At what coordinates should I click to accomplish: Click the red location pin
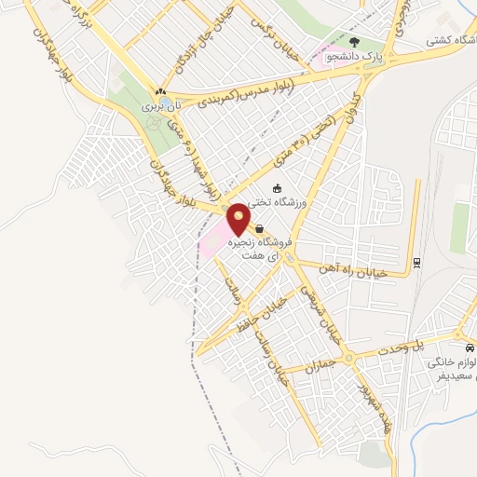click(239, 218)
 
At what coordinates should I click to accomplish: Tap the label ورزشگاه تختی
click(307, 201)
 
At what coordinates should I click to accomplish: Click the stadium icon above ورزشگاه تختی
click(277, 187)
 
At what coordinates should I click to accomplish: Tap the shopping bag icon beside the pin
click(259, 229)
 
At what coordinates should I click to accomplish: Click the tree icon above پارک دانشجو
click(354, 42)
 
